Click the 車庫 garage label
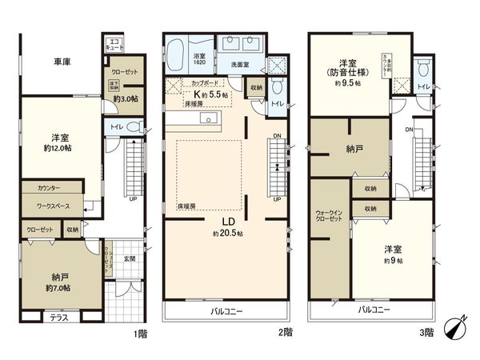click(65, 62)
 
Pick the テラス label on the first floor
click(59, 317)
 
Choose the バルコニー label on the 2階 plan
click(226, 310)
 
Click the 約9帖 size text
click(392, 261)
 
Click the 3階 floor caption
click(425, 333)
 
